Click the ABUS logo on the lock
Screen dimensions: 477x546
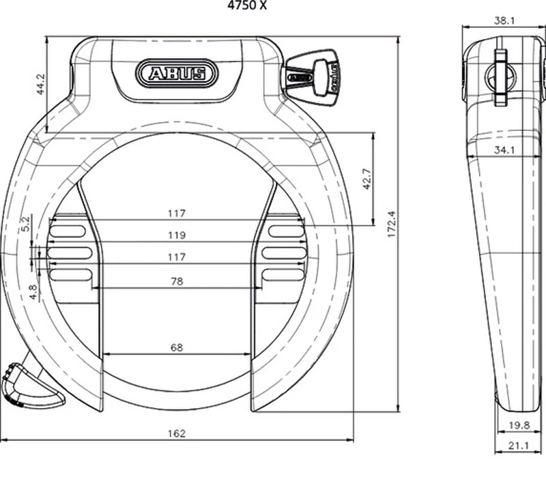pyautogui.click(x=177, y=72)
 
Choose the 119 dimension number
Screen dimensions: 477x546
pyautogui.click(x=177, y=235)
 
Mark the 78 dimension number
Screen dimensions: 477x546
pyautogui.click(x=177, y=280)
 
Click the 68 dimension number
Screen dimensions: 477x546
pyautogui.click(x=177, y=347)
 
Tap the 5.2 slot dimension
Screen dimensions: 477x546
pyautogui.click(x=26, y=223)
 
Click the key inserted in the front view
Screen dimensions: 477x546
pyautogui.click(x=314, y=72)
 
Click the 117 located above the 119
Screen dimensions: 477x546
pyautogui.click(x=177, y=214)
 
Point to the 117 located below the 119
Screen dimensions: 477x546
pyautogui.click(x=177, y=257)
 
